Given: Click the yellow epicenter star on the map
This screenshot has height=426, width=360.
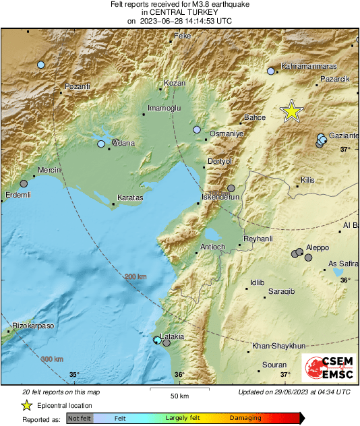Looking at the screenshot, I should (x=291, y=111).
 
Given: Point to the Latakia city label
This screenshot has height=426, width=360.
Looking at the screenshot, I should (x=173, y=336).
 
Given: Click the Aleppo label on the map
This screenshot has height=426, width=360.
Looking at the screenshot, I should (x=318, y=247).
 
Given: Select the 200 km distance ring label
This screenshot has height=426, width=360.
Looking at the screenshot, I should (x=135, y=276).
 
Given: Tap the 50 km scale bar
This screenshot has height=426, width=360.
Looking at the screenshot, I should (x=179, y=390).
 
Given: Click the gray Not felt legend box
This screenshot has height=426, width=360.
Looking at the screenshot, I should (x=80, y=419).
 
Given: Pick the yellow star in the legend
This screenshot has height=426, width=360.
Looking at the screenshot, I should (x=26, y=405).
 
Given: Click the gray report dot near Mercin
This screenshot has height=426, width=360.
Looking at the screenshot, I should (x=24, y=183).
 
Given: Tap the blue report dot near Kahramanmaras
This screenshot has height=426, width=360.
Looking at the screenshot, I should (x=271, y=71).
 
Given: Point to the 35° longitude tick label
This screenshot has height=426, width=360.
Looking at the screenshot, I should (x=74, y=375).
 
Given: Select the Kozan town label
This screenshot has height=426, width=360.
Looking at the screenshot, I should (x=174, y=84).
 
